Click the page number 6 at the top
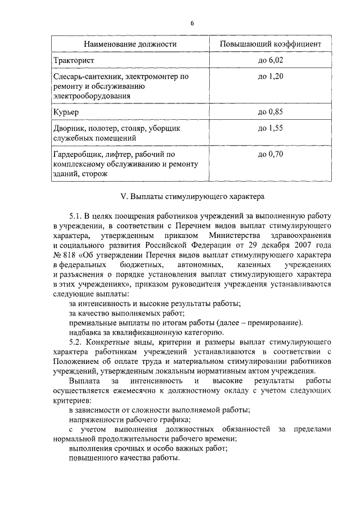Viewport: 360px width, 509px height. pyautogui.click(x=192, y=23)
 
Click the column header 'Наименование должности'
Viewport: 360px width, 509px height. pyautogui.click(x=130, y=43)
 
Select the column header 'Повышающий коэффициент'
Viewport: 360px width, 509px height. pyautogui.click(x=271, y=43)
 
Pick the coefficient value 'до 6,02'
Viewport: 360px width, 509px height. pyautogui.click(x=271, y=59)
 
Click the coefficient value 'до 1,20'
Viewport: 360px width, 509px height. pyautogui.click(x=271, y=75)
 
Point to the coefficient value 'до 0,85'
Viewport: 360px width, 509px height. pyautogui.click(x=271, y=112)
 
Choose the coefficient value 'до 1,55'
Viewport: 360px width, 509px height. pyautogui.click(x=271, y=128)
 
